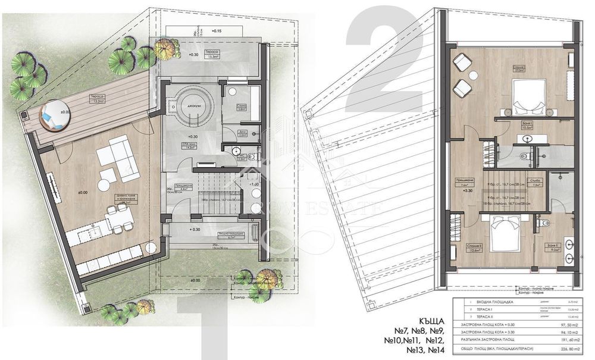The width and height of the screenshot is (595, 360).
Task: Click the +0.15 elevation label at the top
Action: (215, 30)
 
